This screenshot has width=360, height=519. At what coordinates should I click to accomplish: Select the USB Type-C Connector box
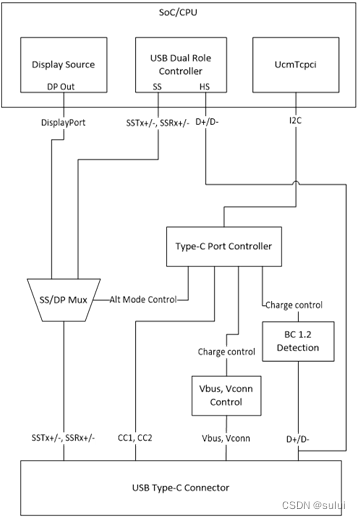(x=179, y=487)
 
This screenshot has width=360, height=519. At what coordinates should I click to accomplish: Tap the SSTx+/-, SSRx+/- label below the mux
(x=60, y=440)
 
